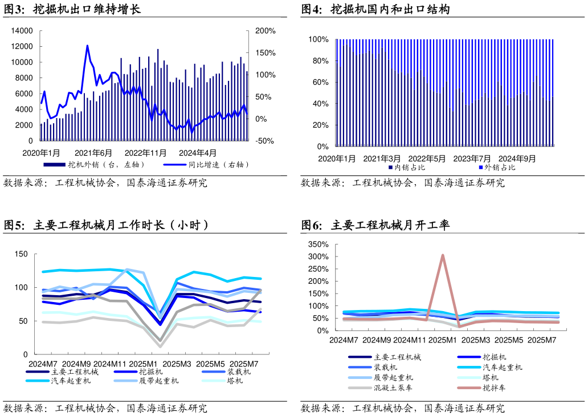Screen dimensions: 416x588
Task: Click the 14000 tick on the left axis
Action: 22,31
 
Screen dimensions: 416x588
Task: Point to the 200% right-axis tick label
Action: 265,31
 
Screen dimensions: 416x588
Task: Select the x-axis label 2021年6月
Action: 93,153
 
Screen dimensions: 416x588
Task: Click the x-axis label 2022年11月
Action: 145,153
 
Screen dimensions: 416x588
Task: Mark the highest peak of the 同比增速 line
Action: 87,46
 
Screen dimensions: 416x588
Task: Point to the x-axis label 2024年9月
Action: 517,158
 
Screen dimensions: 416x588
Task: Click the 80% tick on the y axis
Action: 318,61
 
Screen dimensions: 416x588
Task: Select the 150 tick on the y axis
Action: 21,254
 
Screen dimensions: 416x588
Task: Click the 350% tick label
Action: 318,244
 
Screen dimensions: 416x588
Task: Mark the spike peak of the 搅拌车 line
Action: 443,255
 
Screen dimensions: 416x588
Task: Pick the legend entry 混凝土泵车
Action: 393,388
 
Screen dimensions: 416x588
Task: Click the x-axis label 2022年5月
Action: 427,158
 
